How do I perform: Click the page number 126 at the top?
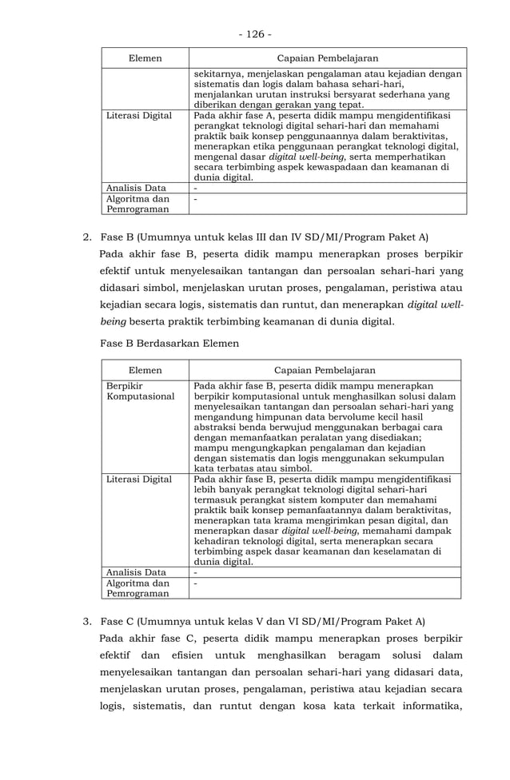254,34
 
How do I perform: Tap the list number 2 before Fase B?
87,237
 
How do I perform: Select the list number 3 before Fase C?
87,621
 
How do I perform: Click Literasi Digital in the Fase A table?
139,116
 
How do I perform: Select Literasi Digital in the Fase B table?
139,480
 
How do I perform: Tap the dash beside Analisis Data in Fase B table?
196,572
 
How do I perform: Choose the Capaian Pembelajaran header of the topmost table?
327,58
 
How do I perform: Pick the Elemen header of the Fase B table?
145,370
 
